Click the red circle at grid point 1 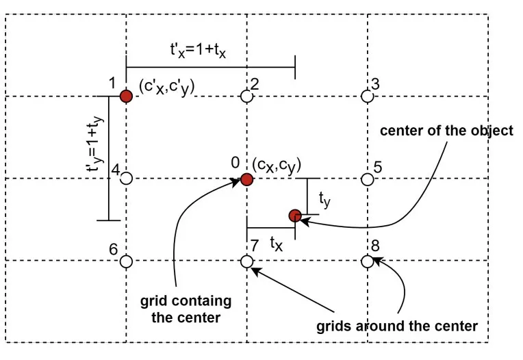[126, 97]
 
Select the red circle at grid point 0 [246, 180]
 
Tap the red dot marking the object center [295, 216]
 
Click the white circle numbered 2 [247, 97]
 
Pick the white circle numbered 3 [368, 97]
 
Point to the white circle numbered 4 [126, 179]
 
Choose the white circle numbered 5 [368, 179]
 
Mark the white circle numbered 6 [126, 261]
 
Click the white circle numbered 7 [247, 261]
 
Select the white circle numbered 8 [368, 261]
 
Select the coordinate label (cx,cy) [277, 165]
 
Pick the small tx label [275, 242]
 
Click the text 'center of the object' [446, 131]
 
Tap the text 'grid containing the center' [186, 309]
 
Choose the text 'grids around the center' [397, 326]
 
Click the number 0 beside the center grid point [235, 163]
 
